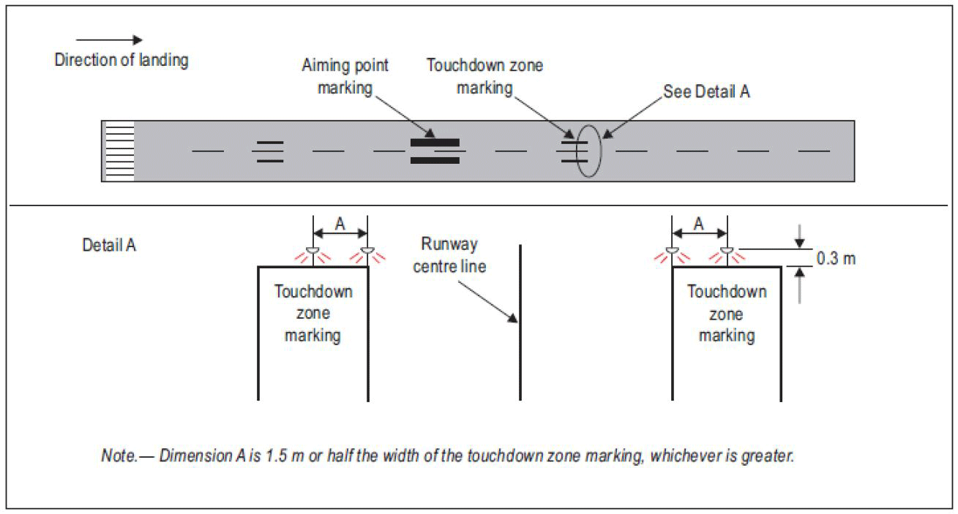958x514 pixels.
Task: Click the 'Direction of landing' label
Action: click(x=121, y=60)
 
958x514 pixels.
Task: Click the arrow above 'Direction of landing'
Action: click(x=109, y=39)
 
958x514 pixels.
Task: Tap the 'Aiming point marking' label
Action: click(x=345, y=77)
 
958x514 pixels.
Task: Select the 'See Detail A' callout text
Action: click(x=706, y=91)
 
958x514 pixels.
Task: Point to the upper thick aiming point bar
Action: click(x=435, y=143)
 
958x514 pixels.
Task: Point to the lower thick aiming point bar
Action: click(x=435, y=161)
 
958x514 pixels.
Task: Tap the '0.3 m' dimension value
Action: click(x=836, y=259)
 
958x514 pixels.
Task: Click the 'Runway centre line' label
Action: click(x=449, y=255)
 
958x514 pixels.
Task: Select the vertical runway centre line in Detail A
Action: click(x=520, y=322)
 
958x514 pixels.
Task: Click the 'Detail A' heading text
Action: click(x=109, y=245)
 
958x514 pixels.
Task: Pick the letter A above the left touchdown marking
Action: click(x=340, y=224)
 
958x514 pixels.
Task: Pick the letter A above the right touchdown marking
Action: click(x=699, y=224)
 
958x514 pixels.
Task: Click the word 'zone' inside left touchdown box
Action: click(x=313, y=314)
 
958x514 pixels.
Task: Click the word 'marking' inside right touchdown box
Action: click(x=727, y=336)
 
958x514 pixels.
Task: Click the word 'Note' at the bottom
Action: click(x=119, y=456)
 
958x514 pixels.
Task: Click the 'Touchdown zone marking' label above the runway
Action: click(x=484, y=77)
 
